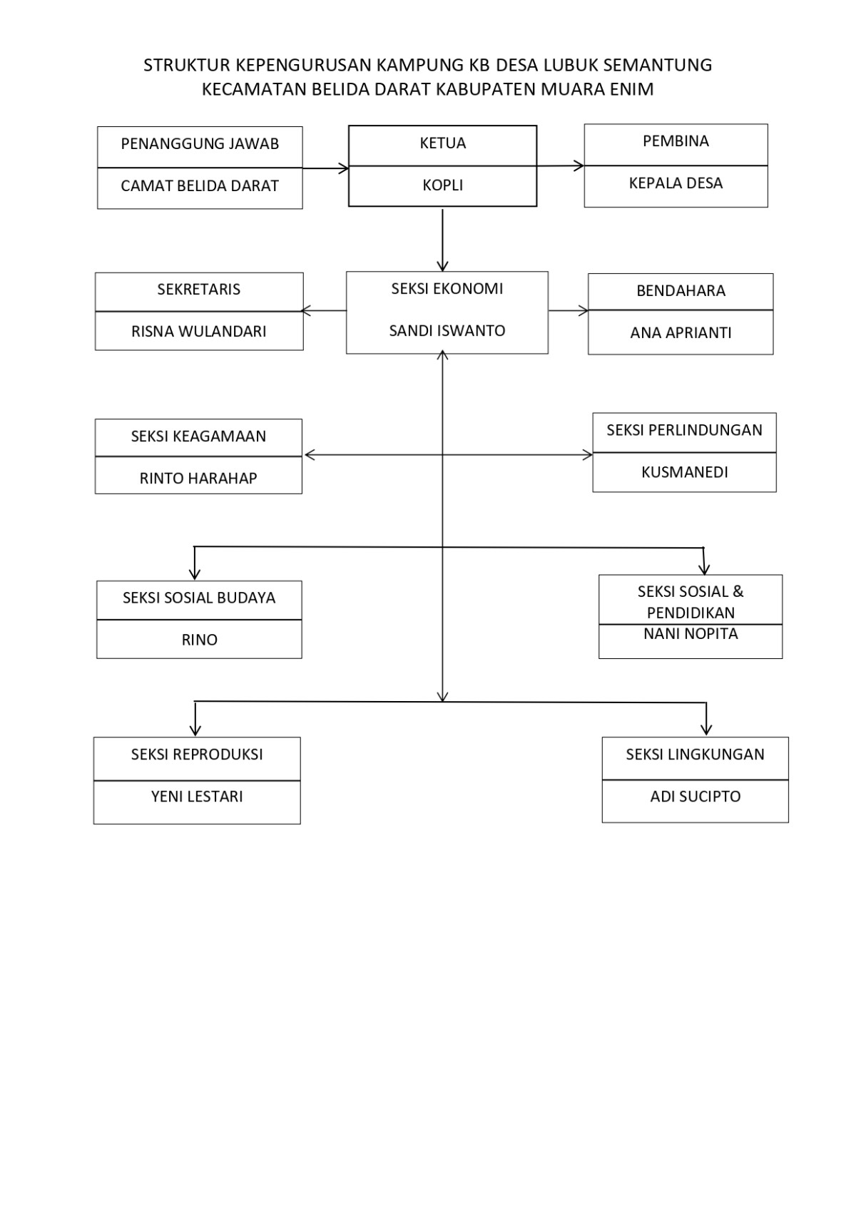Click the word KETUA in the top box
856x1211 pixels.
point(442,143)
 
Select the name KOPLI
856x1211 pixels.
point(442,185)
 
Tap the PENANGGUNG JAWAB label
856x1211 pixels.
point(200,144)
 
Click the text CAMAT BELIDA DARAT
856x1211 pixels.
point(200,186)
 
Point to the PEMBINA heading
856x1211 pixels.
point(676,141)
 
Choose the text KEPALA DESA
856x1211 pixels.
point(676,183)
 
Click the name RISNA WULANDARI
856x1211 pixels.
point(199,332)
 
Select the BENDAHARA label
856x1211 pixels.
point(681,291)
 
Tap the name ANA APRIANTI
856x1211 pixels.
point(681,333)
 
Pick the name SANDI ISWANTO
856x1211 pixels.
point(447,331)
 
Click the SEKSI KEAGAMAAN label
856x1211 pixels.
point(198,436)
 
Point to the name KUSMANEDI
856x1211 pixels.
point(685,473)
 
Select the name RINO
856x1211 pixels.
point(200,640)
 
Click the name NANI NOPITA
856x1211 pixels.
point(691,633)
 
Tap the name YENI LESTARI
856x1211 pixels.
point(197,797)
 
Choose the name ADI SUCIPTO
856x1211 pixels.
point(695,797)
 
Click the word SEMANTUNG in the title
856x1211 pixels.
point(657,65)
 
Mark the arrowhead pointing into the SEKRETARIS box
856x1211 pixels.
point(305,311)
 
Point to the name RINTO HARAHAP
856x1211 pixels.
point(198,479)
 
